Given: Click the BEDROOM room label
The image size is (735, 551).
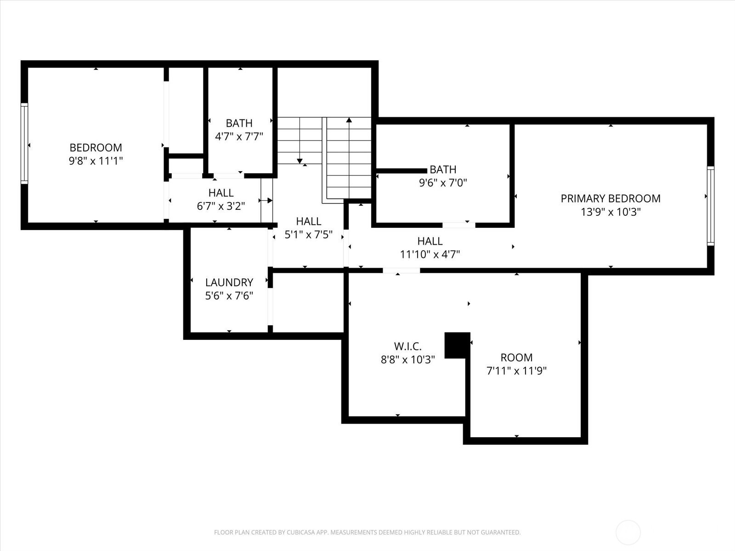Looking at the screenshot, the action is [96, 147].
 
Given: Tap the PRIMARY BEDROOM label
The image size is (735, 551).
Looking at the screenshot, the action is [611, 199].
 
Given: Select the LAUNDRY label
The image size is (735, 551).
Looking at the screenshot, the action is [229, 283].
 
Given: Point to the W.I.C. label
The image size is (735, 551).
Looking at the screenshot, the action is [408, 346].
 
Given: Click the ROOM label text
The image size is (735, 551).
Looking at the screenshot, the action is [516, 358].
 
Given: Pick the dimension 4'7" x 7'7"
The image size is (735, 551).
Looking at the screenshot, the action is [239, 136].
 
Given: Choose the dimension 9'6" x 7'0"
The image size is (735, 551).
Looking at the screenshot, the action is [443, 183].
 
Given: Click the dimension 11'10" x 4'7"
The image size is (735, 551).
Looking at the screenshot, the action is [430, 254].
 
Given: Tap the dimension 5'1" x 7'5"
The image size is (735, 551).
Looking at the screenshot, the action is [308, 235].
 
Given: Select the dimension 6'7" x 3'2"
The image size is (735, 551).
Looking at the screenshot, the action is [221, 206].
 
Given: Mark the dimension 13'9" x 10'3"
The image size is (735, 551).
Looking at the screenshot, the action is [611, 212].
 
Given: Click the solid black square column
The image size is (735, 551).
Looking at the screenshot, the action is [458, 345].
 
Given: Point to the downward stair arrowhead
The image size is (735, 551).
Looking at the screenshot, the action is [300, 161].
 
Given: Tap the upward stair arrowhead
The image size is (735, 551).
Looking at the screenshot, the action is [349, 120].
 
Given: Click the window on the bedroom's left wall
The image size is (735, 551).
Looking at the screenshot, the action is [24, 144].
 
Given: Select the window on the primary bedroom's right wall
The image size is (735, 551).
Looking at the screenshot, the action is [711, 206].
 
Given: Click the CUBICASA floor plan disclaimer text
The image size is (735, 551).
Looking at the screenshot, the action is [367, 532].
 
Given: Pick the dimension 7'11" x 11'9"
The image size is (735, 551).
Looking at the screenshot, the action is [516, 371].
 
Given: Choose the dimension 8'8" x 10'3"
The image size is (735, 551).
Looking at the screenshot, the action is [408, 360].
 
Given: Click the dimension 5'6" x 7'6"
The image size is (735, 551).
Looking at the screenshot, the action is [229, 296].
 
